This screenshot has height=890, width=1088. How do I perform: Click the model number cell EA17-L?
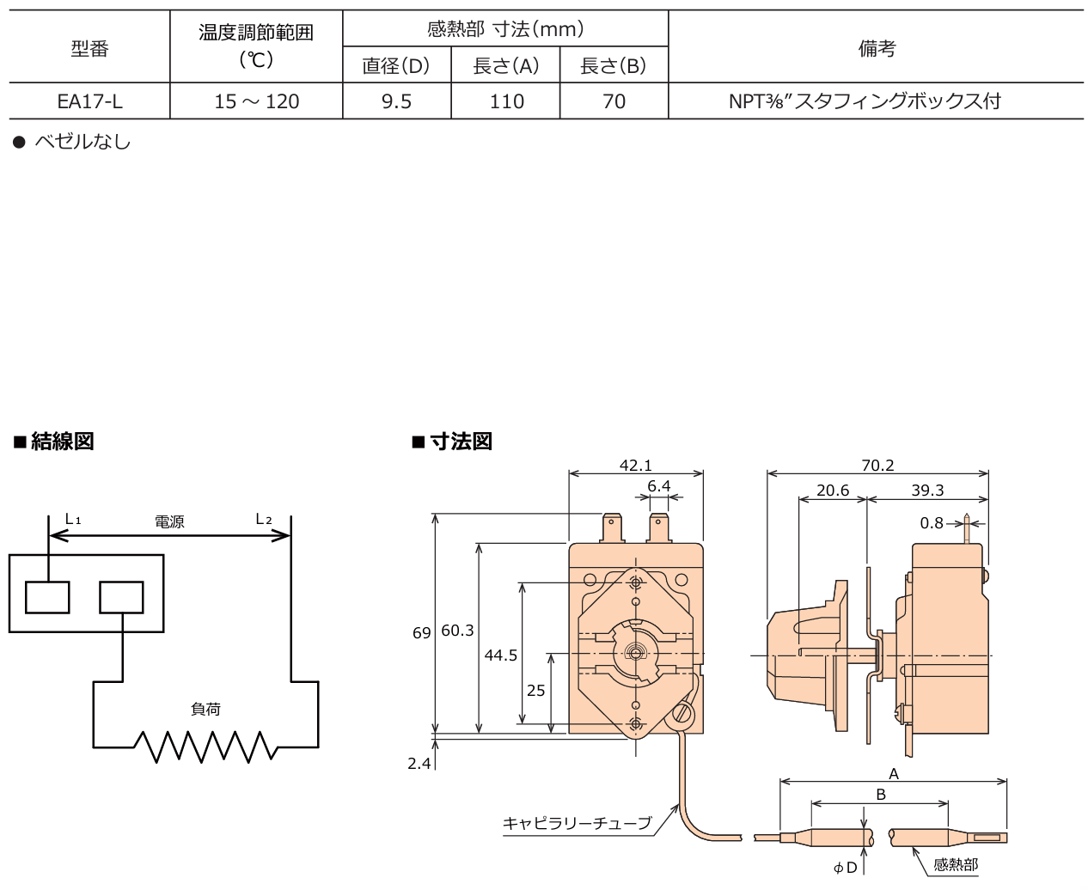89,101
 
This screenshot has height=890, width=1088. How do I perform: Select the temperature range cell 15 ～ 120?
256,101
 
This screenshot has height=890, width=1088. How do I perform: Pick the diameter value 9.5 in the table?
396,101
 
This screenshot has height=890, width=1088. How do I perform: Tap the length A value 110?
506,101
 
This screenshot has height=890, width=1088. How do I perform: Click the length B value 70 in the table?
614,101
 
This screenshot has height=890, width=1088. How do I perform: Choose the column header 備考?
876,48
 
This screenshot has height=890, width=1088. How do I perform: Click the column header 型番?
89,49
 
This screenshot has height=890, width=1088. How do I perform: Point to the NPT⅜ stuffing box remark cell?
865,101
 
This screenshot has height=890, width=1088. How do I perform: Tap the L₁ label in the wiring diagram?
73,520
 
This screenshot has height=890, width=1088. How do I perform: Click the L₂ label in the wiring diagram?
264,520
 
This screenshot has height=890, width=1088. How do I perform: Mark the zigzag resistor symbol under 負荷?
205,747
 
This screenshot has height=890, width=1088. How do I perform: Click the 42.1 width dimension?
635,465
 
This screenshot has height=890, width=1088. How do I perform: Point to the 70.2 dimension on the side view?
877,465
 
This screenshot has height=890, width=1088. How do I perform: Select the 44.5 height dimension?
500,655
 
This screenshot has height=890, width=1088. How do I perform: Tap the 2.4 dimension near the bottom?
419,763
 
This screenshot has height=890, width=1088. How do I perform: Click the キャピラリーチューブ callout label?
577,823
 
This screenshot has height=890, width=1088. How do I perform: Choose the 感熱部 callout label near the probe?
956,864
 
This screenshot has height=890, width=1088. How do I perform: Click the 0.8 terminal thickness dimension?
932,522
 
